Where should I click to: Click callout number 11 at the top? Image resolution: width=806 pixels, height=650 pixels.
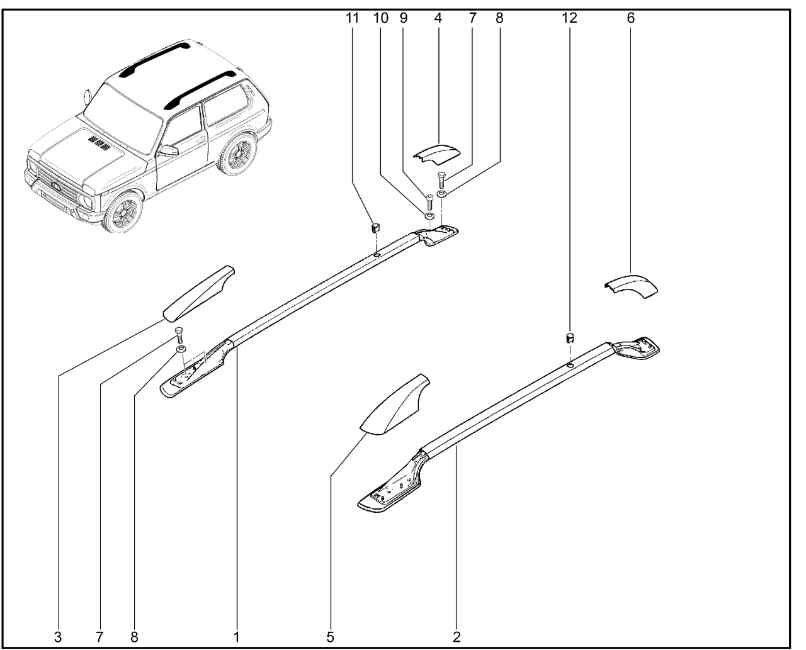click(352, 18)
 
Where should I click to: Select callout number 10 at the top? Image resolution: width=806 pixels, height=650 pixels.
click(381, 18)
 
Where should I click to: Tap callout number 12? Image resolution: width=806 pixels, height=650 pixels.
click(569, 18)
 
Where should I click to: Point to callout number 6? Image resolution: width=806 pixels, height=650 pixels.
click(630, 18)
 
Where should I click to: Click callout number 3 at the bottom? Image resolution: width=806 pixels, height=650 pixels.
click(58, 637)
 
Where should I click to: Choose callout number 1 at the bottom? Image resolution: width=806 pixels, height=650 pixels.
click(237, 637)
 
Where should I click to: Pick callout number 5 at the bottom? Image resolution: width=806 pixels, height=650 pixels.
click(331, 637)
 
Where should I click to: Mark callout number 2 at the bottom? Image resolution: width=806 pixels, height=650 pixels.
click(457, 637)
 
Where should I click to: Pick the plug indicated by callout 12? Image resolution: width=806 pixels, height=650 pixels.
click(570, 338)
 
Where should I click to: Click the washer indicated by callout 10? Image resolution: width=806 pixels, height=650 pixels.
click(429, 216)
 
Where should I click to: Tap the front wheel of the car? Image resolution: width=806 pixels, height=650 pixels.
click(123, 212)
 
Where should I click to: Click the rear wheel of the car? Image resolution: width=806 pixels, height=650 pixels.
click(237, 154)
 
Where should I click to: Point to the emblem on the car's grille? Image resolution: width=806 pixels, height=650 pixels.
click(57, 184)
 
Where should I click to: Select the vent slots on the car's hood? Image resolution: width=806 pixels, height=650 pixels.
click(99, 142)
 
